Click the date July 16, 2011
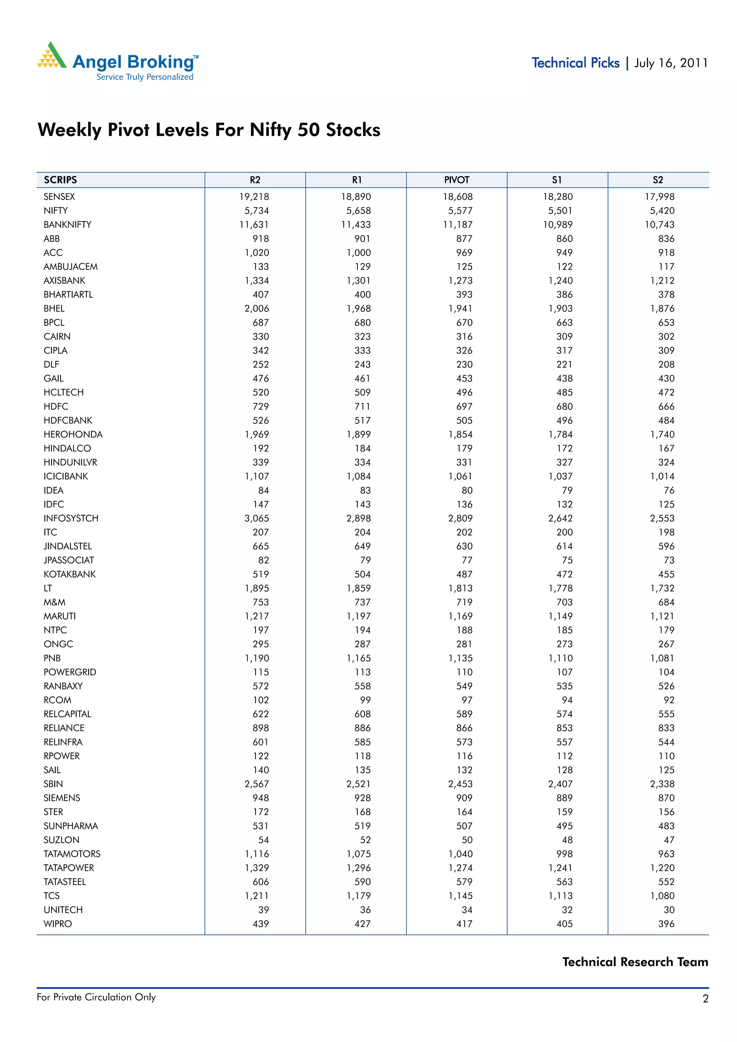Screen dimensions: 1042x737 click(671, 63)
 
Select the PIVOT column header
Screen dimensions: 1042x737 click(456, 180)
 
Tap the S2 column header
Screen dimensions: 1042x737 click(657, 180)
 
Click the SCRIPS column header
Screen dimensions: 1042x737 click(60, 180)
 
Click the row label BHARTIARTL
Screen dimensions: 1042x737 click(68, 294)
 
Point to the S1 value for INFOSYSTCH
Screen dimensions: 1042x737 click(560, 518)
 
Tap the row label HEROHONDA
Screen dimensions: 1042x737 click(73, 434)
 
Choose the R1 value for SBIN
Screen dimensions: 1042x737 click(358, 784)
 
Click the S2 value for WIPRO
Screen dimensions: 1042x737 click(666, 924)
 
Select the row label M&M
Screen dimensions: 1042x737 click(54, 602)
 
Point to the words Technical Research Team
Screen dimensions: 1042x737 click(635, 962)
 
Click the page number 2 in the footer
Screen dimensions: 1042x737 click(705, 998)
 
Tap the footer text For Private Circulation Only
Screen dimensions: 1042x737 click(96, 997)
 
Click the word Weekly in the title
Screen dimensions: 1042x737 click(69, 130)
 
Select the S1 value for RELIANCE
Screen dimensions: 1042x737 click(564, 728)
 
